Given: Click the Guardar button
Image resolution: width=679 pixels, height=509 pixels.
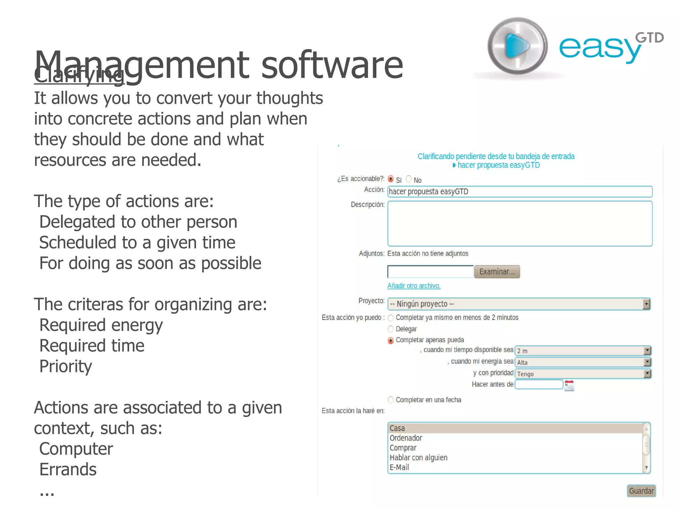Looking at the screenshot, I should pos(641,491).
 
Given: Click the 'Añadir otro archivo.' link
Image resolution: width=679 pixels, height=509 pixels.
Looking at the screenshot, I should pos(414,286).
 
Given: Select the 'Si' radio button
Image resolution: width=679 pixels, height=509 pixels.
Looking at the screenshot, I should pos(391,179).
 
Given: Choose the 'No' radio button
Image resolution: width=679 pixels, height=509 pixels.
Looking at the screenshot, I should pos(409,179).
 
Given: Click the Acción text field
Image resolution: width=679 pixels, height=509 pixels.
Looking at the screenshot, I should pos(520,192).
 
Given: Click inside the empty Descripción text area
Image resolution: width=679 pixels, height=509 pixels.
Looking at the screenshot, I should pos(520,223).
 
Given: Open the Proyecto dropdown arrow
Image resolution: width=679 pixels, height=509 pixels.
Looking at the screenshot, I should pos(646,304).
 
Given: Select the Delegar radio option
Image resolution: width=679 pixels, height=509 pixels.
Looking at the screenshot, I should pos(391,329).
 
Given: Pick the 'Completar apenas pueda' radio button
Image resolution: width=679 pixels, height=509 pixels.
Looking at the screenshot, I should pos(391,341).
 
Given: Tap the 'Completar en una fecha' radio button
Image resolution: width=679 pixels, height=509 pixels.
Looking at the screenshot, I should pos(391,400).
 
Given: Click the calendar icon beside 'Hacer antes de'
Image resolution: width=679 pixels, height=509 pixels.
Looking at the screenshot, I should pos(569,385).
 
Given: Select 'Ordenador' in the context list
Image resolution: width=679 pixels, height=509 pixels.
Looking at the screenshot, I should pos(406,438).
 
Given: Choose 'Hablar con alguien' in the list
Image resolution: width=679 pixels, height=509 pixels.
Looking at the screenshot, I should pos(418,458).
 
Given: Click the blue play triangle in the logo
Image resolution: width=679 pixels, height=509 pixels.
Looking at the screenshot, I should pos(516,46).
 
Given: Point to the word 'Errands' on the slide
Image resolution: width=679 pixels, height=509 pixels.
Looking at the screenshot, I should pos(68,470).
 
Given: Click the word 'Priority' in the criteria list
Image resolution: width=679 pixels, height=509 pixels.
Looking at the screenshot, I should pos(66,366).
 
